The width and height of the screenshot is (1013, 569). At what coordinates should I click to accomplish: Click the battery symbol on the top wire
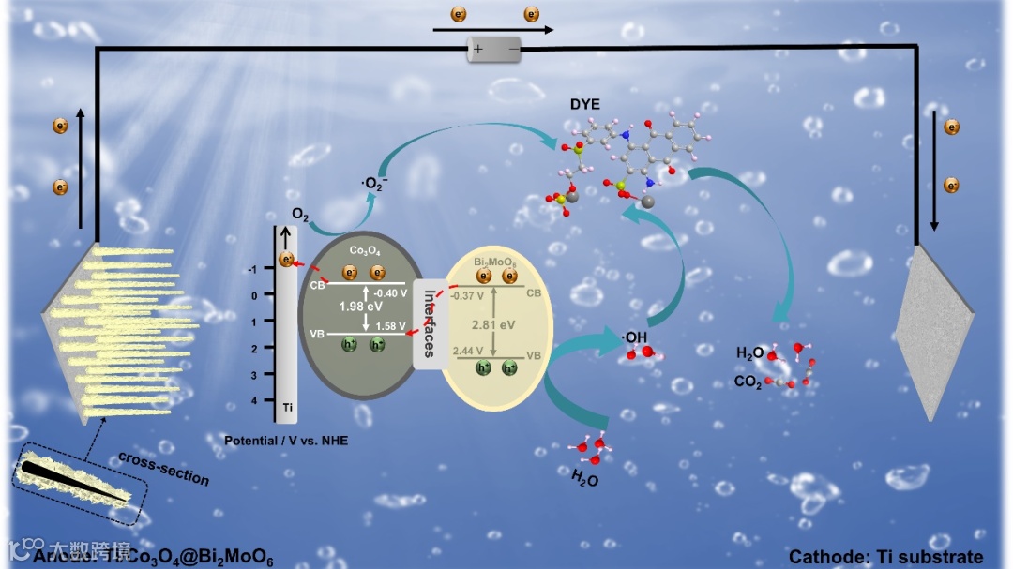pyautogui.click(x=494, y=49)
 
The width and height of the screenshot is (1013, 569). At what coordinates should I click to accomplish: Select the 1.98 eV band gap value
pyautogui.click(x=360, y=306)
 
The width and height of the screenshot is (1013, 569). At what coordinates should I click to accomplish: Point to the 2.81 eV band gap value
pyautogui.click(x=494, y=324)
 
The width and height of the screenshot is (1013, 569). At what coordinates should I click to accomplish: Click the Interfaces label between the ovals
pyautogui.click(x=429, y=323)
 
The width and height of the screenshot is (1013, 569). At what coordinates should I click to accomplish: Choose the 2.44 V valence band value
pyautogui.click(x=470, y=351)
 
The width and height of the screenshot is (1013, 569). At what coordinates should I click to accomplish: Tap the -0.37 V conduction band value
pyautogui.click(x=468, y=296)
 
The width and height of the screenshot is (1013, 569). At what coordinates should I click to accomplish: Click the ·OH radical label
pyautogui.click(x=636, y=337)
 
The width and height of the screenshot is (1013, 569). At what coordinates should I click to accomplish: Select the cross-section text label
pyautogui.click(x=163, y=468)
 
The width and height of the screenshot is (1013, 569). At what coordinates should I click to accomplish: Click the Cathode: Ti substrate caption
pyautogui.click(x=886, y=557)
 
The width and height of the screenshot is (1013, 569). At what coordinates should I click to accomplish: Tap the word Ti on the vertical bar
pyautogui.click(x=288, y=408)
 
